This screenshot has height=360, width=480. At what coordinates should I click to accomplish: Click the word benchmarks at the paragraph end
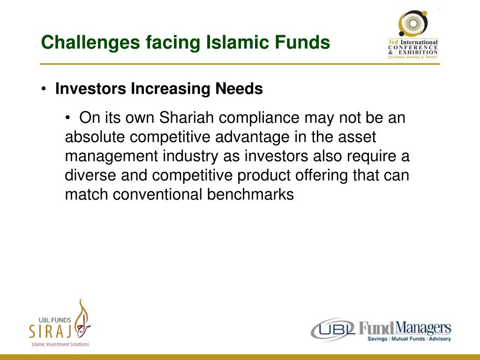250,195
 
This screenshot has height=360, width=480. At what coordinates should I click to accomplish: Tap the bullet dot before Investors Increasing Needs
44,90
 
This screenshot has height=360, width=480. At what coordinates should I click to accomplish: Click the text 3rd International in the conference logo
412,42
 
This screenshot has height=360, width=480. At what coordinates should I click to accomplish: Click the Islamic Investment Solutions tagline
60,345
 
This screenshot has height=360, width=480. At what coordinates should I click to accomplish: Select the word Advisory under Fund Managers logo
440,339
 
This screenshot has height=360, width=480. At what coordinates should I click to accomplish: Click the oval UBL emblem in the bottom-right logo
333,330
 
